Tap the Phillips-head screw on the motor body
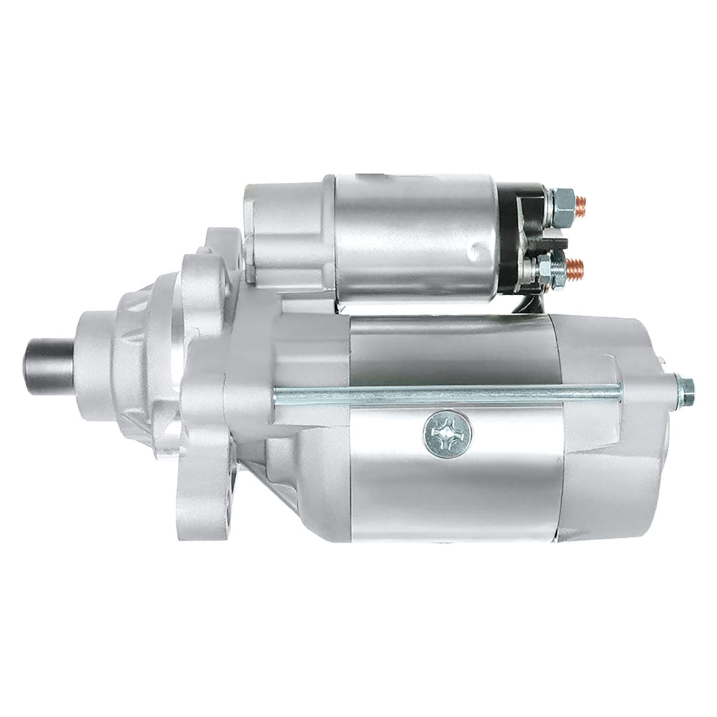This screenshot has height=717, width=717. (448, 429)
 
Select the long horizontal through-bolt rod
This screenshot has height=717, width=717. (448, 391)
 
